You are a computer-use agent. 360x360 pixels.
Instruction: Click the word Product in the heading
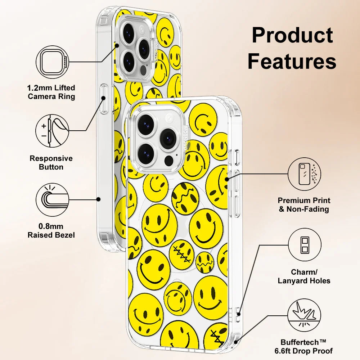point(292,35)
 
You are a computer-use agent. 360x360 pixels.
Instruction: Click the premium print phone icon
point(304,174)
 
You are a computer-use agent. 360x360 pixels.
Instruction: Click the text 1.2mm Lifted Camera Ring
point(52,92)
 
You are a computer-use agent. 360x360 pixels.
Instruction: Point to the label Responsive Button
point(51,163)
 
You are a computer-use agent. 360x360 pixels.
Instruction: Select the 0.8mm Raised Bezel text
point(51,231)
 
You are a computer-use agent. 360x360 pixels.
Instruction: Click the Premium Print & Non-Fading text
point(304,205)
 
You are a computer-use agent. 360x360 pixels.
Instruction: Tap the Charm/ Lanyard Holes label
point(304,276)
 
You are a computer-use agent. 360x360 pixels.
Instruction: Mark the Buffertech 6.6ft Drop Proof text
point(306,346)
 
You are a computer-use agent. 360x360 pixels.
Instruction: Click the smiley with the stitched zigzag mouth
point(181,255)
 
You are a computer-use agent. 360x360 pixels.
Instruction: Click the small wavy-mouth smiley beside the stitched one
point(205,262)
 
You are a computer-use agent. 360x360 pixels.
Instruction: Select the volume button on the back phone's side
point(104,99)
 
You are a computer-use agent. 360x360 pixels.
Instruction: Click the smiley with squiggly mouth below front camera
point(185,198)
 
